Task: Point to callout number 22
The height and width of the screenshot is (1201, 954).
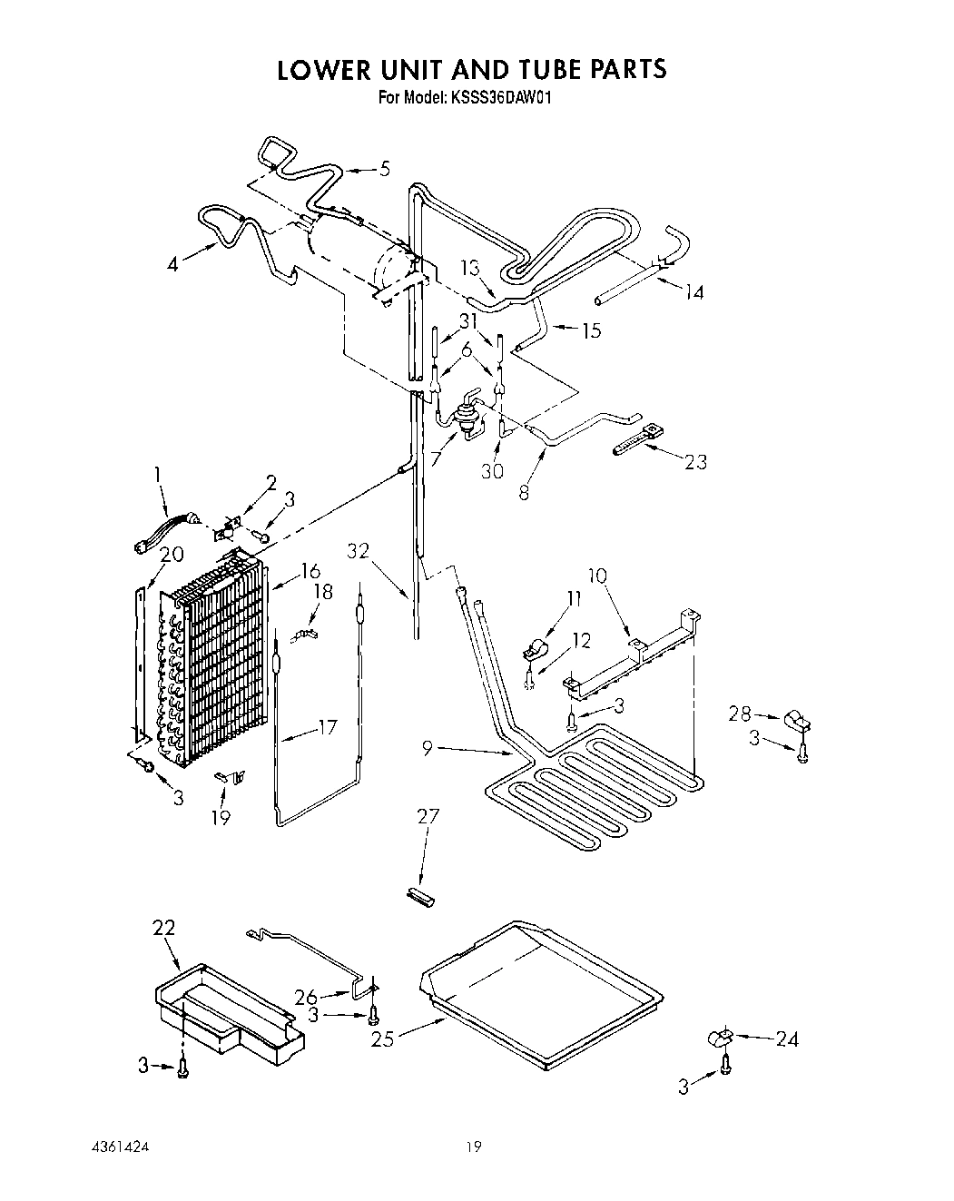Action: click(163, 928)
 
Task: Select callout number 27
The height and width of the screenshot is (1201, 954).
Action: click(428, 816)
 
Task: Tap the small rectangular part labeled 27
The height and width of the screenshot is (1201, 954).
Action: click(419, 895)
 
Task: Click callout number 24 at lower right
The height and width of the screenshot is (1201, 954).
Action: click(786, 1039)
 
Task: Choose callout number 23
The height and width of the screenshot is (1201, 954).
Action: click(695, 461)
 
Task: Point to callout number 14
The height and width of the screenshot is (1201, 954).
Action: click(693, 291)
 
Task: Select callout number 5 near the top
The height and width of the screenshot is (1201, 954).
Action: click(385, 168)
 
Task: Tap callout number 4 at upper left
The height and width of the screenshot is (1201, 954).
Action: click(173, 263)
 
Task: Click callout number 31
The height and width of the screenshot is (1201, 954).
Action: click(468, 320)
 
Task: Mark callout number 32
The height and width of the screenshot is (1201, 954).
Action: click(359, 551)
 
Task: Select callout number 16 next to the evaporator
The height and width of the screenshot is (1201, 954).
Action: click(310, 570)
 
